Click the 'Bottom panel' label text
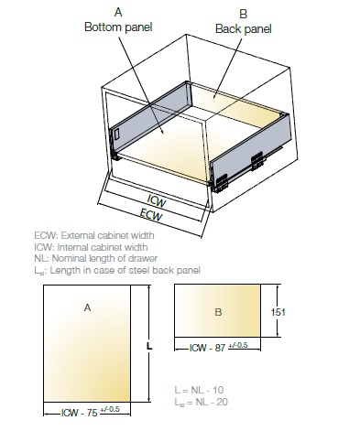tap(118, 27)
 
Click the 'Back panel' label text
tap(244, 29)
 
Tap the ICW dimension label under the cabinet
tap(157, 201)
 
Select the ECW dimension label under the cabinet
tap(151, 215)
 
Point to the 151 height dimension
tap(278, 312)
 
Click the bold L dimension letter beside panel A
tap(149, 346)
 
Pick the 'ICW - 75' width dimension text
tap(80, 413)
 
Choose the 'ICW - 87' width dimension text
tap(208, 348)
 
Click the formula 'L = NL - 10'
tap(199, 390)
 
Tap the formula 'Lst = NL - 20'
tap(202, 402)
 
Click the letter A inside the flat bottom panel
tap(87, 308)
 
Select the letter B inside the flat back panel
tap(218, 312)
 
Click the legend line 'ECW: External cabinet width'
tap(94, 235)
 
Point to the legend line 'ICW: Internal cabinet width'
tap(91, 247)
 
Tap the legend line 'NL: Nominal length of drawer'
tap(96, 258)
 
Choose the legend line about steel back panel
tap(117, 270)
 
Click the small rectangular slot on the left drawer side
tap(116, 134)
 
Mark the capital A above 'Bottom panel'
tap(118, 13)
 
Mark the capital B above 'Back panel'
tap(244, 14)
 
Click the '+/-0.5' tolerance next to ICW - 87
tap(238, 345)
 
